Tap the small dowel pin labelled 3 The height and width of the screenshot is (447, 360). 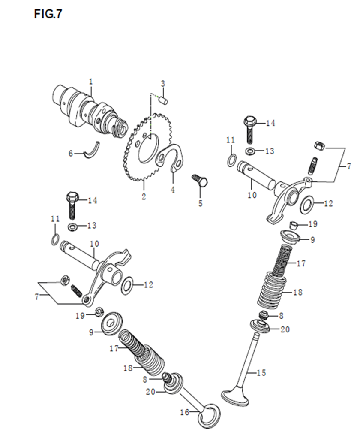(164, 101)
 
